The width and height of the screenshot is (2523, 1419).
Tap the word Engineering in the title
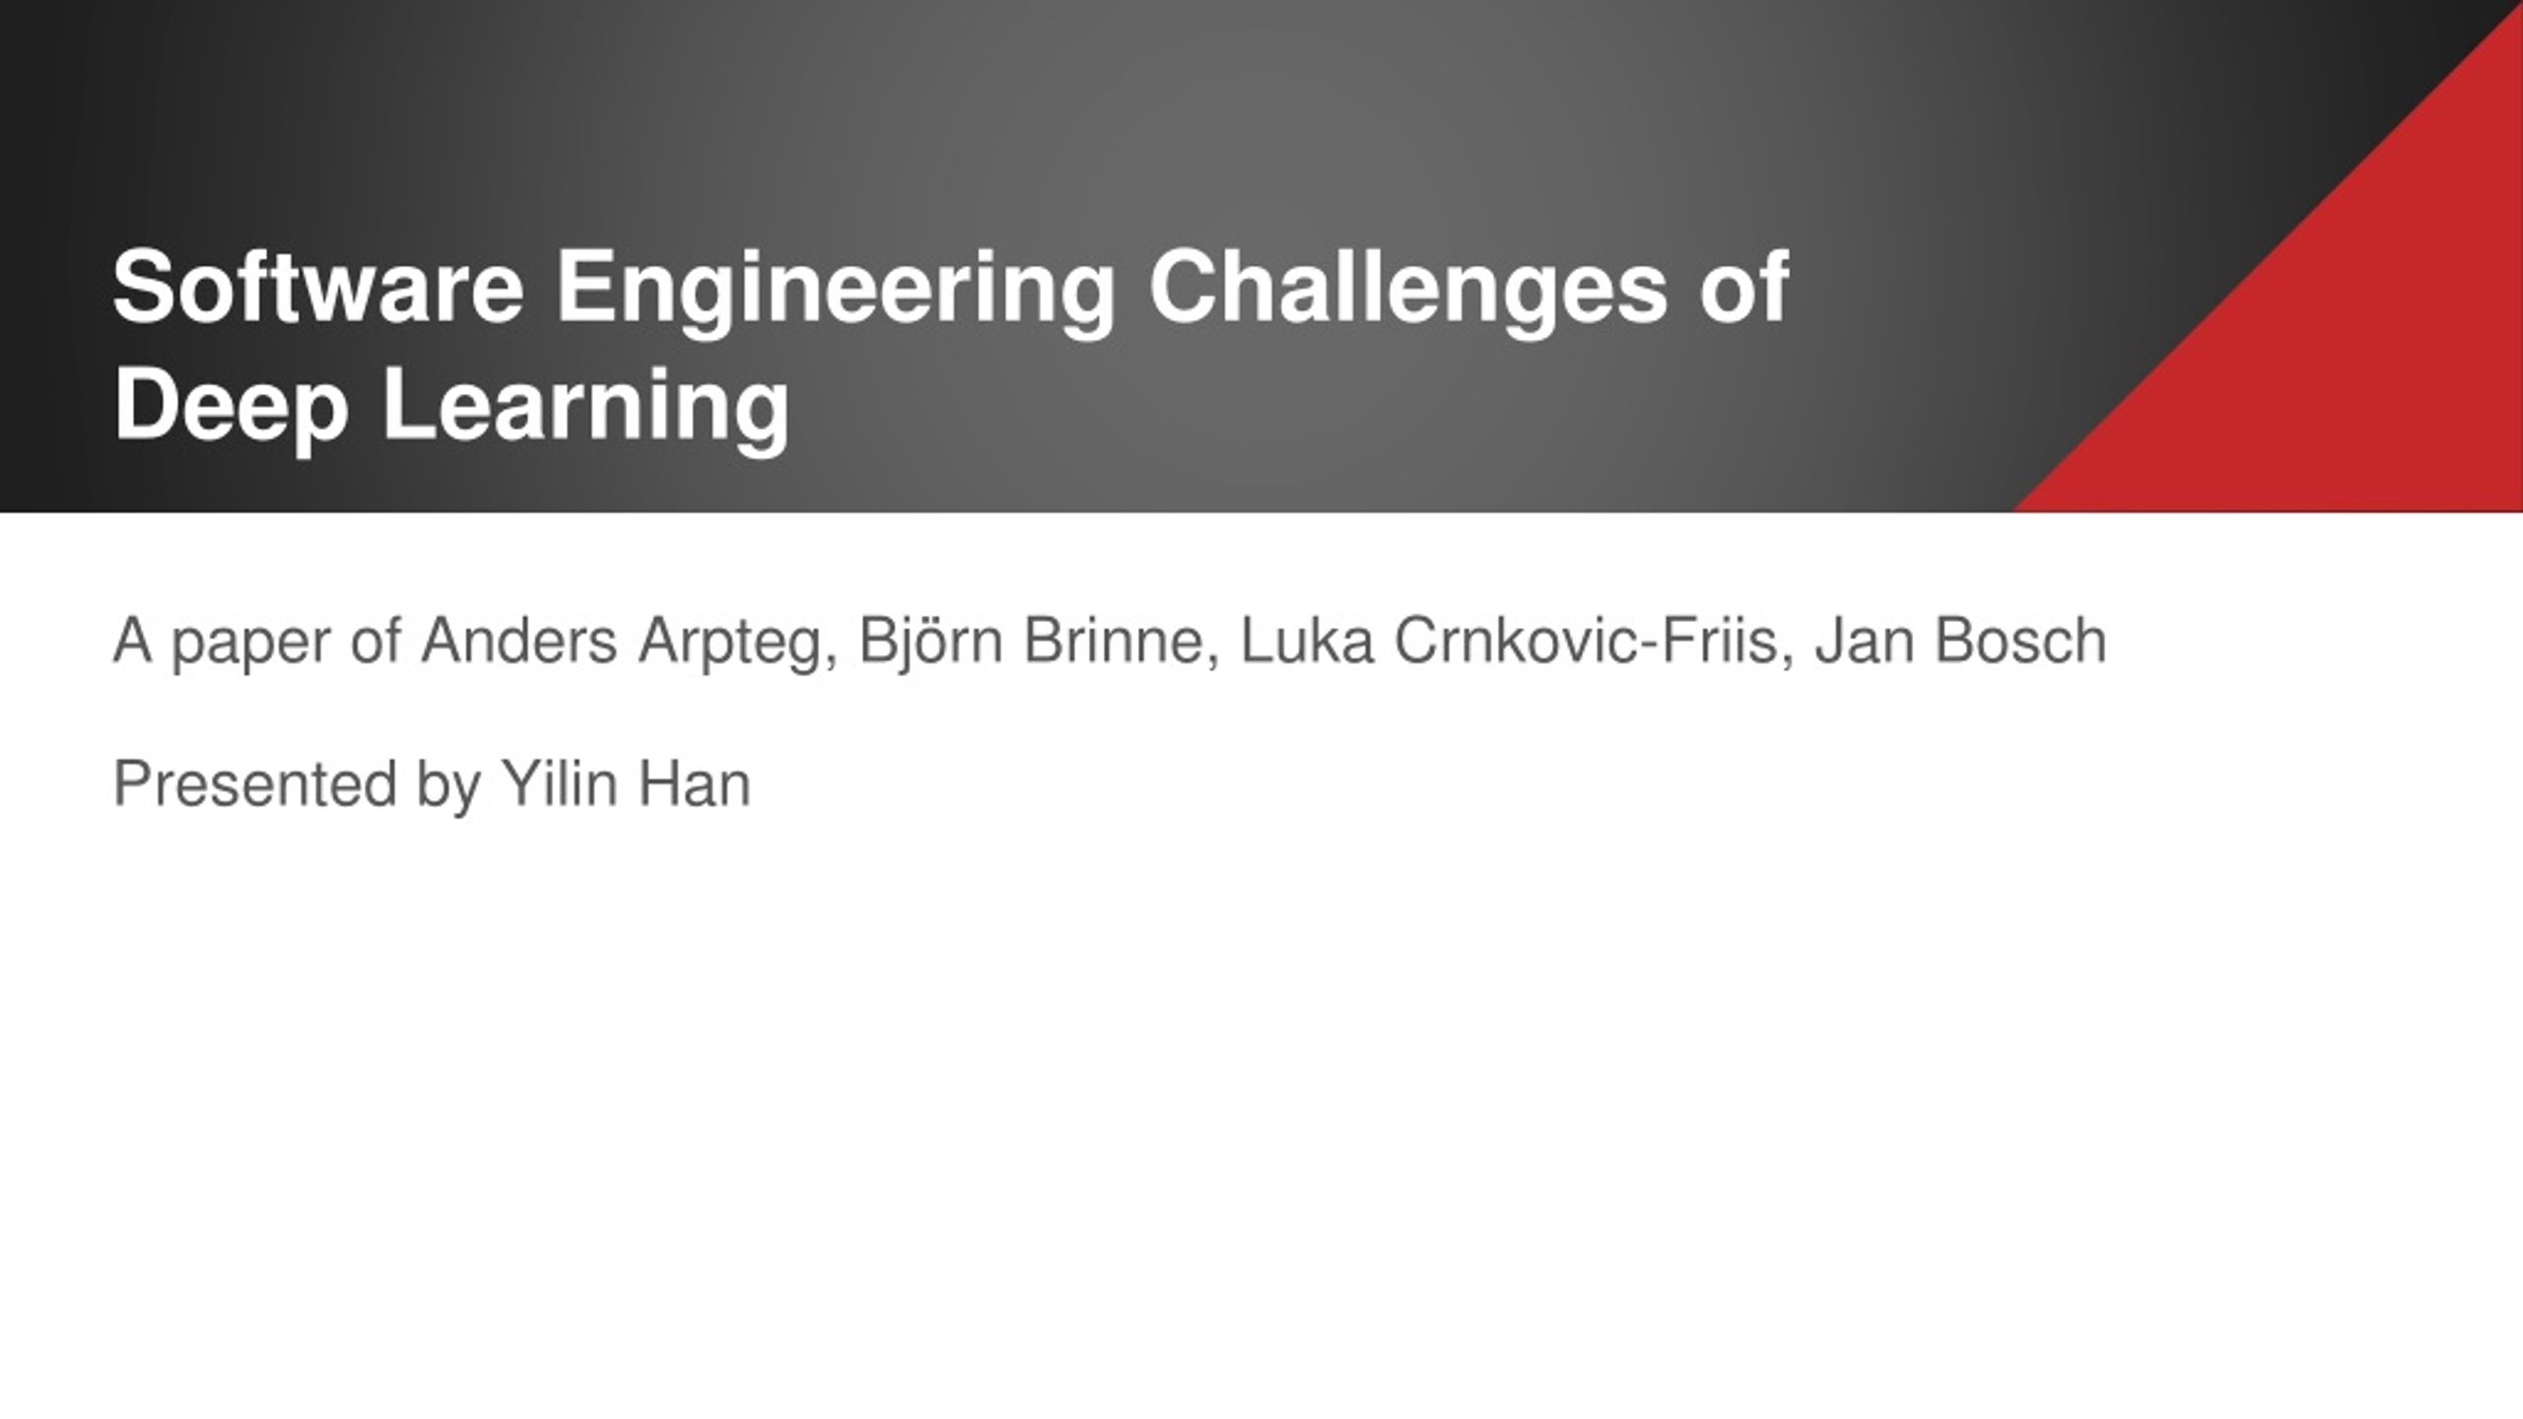pyautogui.click(x=836, y=294)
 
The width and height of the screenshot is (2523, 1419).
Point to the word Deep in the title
pyautogui.click(x=231, y=411)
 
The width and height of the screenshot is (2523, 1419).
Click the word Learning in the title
pyautogui.click(x=585, y=411)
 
